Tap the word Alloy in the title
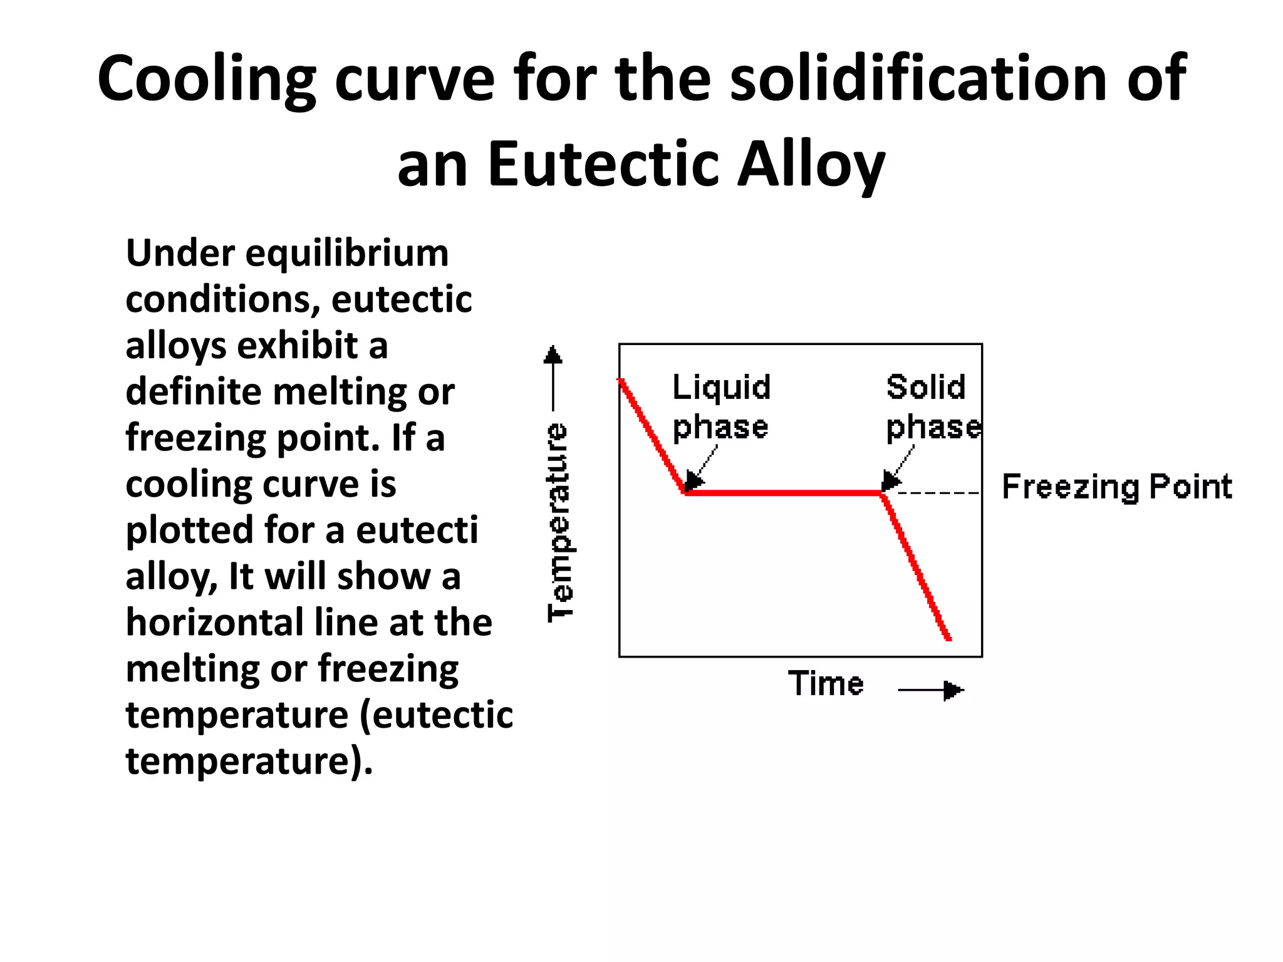click(811, 164)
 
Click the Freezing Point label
click(1117, 487)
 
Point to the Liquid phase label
click(721, 407)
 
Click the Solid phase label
click(932, 407)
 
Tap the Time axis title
click(826, 683)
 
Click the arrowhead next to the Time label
click(953, 690)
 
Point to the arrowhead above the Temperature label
click(553, 355)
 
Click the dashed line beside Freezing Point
click(938, 494)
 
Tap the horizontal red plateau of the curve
click(783, 494)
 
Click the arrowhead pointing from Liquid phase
click(693, 482)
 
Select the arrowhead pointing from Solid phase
click(890, 482)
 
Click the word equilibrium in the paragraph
click(346, 254)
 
